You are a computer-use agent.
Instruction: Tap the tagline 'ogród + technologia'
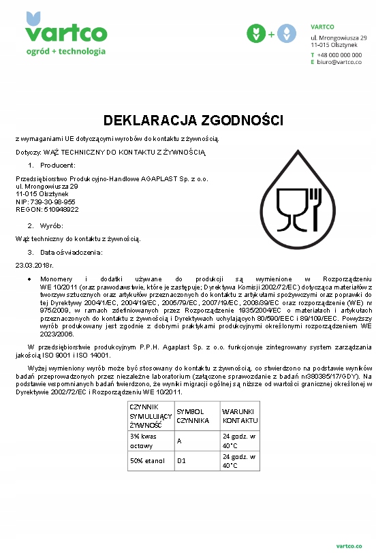65,51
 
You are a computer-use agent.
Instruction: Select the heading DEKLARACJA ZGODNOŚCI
193,121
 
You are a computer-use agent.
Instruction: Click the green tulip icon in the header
256,33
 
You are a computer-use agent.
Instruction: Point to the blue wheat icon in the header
286,33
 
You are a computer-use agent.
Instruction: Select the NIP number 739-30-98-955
45,202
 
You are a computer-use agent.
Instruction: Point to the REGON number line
47,209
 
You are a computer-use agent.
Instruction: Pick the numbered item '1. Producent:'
52,165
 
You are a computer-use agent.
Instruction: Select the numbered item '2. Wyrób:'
46,225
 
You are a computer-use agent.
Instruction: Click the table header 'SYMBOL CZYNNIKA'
192,416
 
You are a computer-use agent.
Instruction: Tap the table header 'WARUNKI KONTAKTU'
236,416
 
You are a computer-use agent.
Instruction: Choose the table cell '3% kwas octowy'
148,441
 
